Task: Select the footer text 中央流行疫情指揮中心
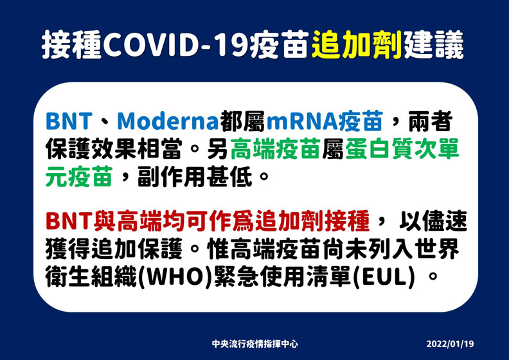click(254, 344)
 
